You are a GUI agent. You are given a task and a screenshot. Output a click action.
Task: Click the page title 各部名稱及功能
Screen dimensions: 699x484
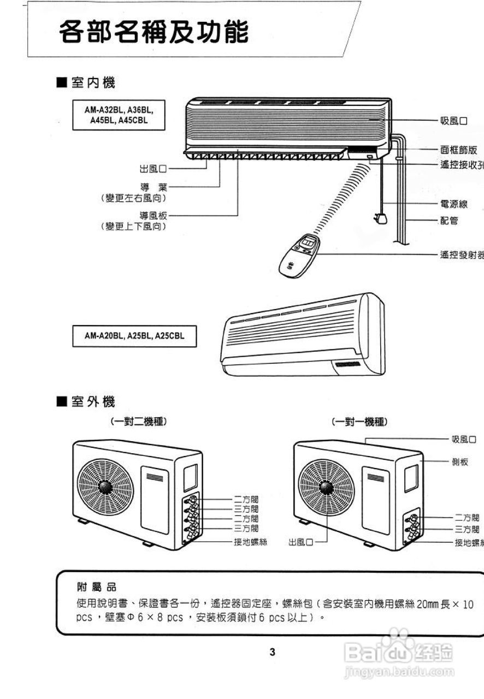(154, 33)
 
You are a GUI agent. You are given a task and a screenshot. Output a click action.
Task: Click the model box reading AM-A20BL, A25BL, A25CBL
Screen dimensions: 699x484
(134, 335)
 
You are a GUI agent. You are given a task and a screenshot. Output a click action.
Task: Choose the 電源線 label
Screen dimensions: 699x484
(453, 204)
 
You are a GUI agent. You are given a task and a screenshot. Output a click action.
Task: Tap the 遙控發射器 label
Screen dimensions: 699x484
(461, 254)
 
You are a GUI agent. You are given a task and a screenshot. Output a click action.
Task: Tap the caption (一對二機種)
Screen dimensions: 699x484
(138, 422)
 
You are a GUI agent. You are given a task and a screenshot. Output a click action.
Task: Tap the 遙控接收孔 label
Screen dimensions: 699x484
(461, 165)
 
